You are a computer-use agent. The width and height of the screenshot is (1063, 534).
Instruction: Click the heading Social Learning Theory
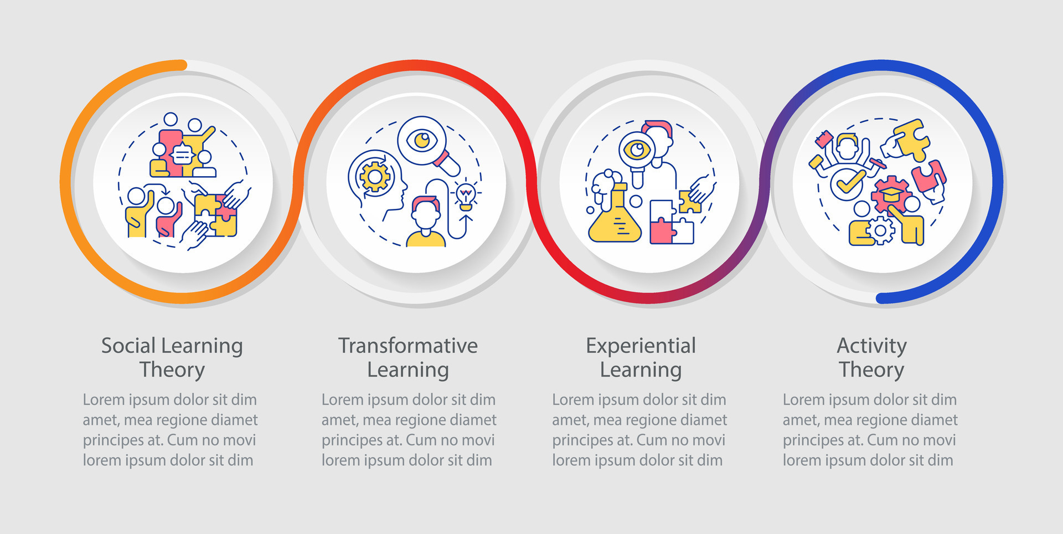click(x=172, y=357)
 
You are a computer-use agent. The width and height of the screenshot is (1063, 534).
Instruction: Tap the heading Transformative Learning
click(x=408, y=357)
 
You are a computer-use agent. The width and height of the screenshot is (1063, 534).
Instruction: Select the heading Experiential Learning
click(x=641, y=357)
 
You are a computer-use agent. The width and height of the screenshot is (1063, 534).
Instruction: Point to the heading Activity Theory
click(x=871, y=357)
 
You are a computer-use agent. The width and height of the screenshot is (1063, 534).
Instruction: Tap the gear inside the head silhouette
click(x=375, y=177)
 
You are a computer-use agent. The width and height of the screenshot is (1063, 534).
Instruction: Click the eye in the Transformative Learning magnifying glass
click(x=422, y=140)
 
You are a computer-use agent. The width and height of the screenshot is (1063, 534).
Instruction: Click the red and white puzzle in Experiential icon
click(x=671, y=222)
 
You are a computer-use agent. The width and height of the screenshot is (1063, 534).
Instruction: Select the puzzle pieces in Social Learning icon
click(x=215, y=214)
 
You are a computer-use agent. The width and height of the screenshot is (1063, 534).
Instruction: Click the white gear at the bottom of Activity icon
click(x=880, y=230)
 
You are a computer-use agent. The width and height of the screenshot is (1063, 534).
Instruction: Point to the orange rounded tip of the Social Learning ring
click(x=182, y=65)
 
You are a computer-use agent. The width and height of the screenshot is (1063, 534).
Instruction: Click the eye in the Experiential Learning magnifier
click(x=637, y=150)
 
